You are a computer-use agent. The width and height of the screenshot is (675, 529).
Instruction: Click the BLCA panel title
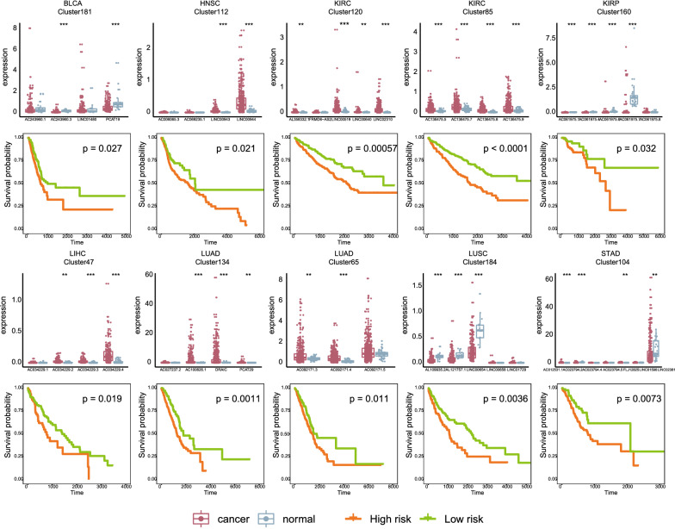pyautogui.click(x=74, y=5)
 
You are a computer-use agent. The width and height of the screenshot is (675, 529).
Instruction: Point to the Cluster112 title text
pyautogui.click(x=207, y=15)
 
